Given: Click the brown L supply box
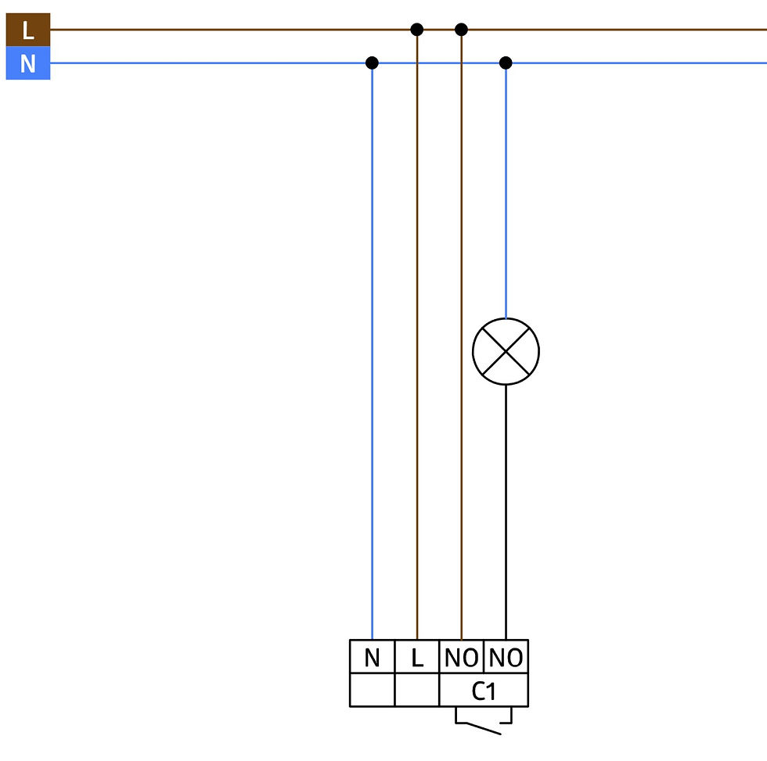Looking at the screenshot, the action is (28, 30).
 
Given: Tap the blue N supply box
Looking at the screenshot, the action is (28, 63).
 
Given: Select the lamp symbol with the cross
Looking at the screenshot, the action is (506, 351).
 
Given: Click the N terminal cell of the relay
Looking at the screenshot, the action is (373, 656).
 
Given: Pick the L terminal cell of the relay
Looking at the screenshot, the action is (416, 656).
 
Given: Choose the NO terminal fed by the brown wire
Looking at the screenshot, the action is (461, 656).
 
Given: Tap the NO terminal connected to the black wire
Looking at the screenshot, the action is (506, 656).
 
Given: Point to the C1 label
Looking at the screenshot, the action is (484, 691).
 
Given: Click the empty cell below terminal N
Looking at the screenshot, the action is (373, 690).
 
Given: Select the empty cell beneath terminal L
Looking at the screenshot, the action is (416, 690).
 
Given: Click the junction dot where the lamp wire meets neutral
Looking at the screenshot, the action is (506, 63).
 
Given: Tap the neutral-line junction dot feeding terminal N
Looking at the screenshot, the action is (372, 63).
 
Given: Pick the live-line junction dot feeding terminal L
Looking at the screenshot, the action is (416, 30).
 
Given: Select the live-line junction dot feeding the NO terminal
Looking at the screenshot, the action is (461, 30).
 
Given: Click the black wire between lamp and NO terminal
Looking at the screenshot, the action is (506, 512).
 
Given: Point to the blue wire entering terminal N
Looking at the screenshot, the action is (373, 351).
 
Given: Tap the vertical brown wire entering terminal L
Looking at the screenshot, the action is (416, 334).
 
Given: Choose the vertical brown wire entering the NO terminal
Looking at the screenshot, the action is (461, 334).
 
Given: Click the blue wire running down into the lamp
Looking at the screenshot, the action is (506, 191).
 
